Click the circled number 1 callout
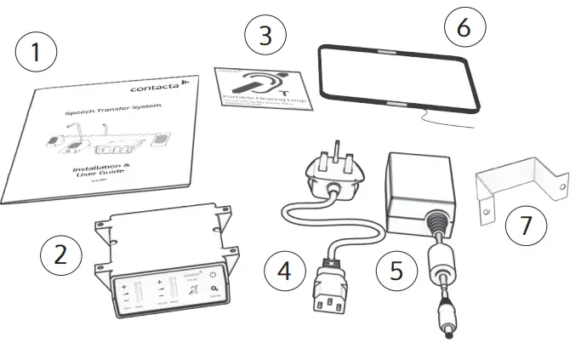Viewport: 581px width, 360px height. tap(36, 52)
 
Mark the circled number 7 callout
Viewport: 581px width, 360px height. tap(526, 225)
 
